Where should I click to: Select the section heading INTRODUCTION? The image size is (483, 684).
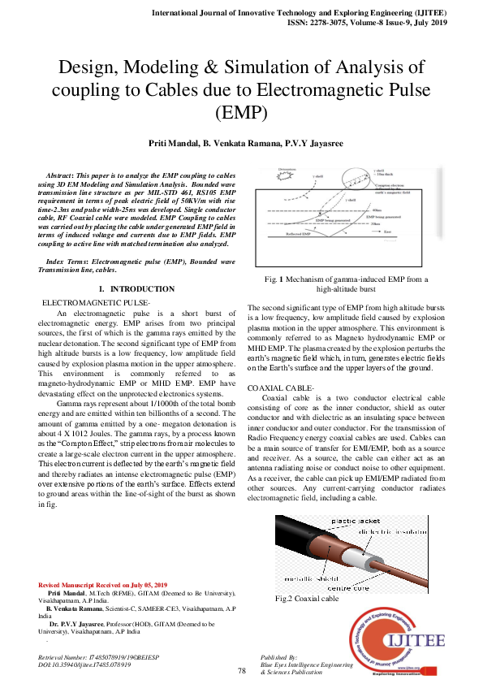142,289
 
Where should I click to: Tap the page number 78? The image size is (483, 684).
242,670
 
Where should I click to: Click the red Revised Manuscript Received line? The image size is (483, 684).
102,586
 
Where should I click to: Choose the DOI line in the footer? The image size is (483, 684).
85,665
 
